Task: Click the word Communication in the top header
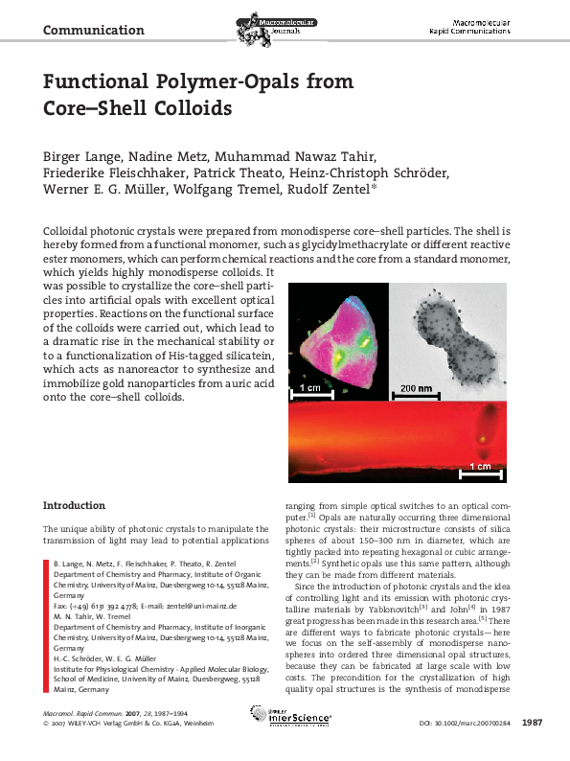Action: [x=93, y=30]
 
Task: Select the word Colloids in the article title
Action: [x=191, y=107]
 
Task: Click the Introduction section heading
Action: [x=74, y=505]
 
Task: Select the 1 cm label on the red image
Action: [x=481, y=467]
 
